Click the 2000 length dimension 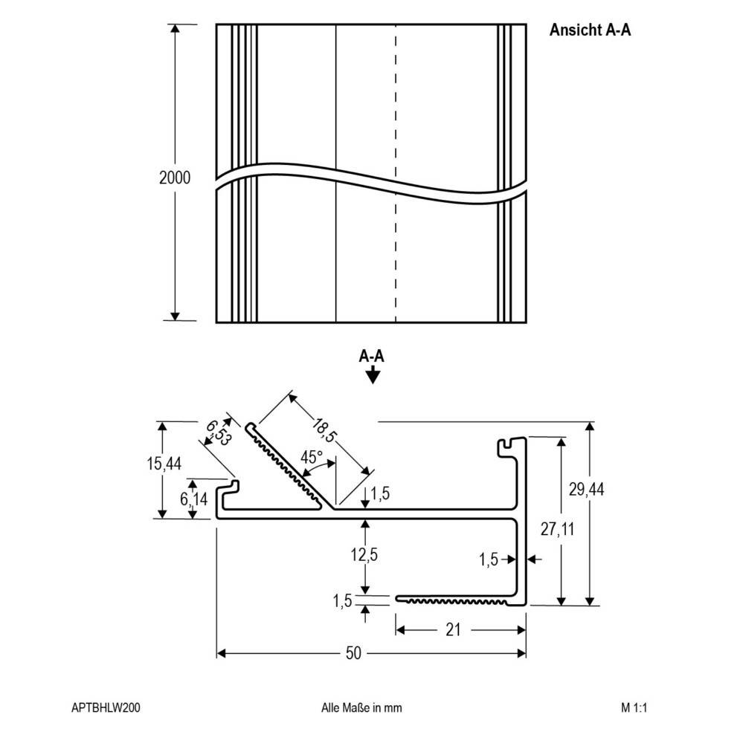tap(175, 178)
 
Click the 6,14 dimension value tap(194, 499)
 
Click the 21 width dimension tap(454, 630)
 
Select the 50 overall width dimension tap(353, 653)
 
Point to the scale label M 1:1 tap(634, 708)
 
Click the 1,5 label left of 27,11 tap(489, 558)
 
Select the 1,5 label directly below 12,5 tap(344, 601)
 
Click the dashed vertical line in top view tap(396, 111)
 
